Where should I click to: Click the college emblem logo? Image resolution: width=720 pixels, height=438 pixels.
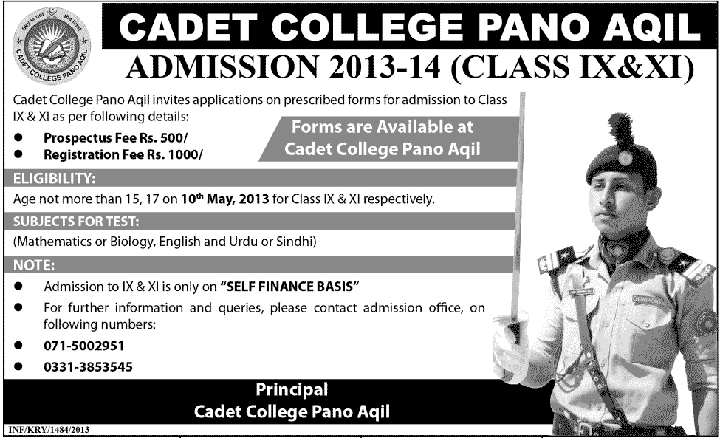tap(52, 47)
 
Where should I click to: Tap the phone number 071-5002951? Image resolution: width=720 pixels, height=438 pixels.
tap(84, 346)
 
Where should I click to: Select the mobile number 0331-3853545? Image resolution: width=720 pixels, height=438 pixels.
tap(88, 367)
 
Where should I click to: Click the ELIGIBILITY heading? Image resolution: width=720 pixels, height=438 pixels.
tap(54, 178)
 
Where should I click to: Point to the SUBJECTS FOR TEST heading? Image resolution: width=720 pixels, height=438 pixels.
tap(76, 222)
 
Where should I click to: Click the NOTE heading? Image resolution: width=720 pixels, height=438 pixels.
tap(34, 265)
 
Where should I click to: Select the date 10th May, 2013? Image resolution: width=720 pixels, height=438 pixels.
tap(224, 199)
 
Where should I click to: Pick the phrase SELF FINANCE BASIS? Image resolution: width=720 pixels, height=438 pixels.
tap(289, 287)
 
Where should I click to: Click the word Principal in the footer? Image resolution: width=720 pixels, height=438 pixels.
tap(292, 389)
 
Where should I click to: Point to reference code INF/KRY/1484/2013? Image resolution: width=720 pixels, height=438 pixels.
tap(49, 430)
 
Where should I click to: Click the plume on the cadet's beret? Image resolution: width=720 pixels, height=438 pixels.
tap(619, 130)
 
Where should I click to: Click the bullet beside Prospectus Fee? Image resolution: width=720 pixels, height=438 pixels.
tap(18, 137)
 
